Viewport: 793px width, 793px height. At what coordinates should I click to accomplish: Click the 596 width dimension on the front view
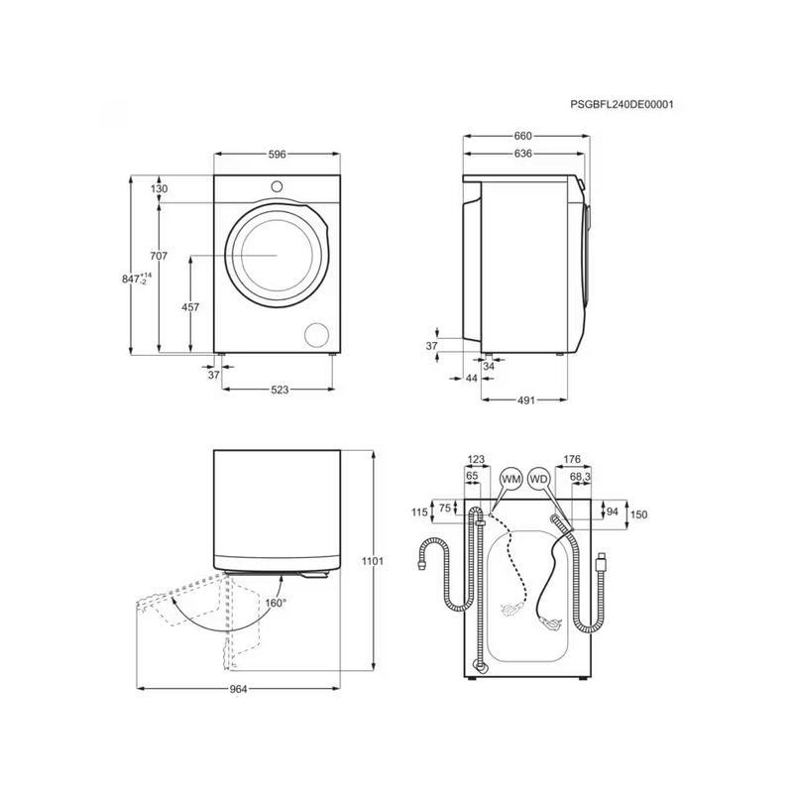278,155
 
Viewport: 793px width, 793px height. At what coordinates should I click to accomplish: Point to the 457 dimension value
190,306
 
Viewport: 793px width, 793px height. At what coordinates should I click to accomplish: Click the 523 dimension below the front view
280,391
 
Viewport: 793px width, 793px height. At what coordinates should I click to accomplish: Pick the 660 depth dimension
523,136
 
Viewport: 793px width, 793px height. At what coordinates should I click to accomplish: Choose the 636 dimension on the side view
523,154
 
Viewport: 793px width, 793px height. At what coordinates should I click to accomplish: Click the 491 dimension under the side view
525,400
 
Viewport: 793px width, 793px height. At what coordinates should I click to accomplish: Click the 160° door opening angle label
274,602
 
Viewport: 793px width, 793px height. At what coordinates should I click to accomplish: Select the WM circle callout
511,479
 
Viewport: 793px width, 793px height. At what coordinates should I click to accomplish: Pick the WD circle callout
539,479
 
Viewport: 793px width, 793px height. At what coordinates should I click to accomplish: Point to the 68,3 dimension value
581,477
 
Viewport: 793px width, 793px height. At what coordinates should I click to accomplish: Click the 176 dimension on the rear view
571,459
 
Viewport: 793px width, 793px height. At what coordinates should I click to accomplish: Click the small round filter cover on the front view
317,334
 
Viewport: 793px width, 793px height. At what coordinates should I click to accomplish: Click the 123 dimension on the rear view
476,459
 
